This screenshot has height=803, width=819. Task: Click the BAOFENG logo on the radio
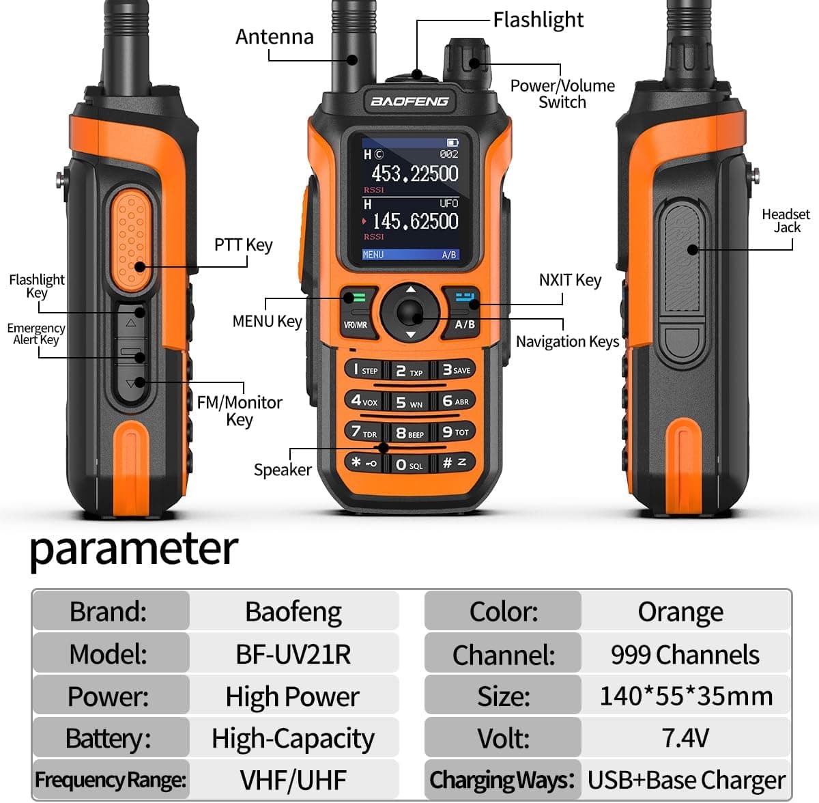coord(409,102)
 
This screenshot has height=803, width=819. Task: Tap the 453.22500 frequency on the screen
coord(414,173)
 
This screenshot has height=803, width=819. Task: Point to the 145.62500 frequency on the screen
coord(415,221)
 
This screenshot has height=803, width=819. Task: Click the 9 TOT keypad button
coord(455,432)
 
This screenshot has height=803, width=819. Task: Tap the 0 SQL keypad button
coord(409,465)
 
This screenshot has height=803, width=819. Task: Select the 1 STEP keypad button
coord(362,370)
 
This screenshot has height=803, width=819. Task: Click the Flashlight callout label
coord(538,20)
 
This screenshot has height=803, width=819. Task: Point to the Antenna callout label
coord(274,37)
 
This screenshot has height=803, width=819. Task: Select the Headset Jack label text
coord(786,221)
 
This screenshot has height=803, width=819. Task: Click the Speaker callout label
coord(283,470)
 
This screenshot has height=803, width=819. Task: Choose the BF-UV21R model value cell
coord(293,654)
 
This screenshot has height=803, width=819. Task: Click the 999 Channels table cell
coord(685,654)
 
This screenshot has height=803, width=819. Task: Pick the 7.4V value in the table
coord(685,738)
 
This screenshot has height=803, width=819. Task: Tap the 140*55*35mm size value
coord(685,696)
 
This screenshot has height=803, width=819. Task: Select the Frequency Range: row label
coord(111,780)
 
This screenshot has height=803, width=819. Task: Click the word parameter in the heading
coord(134,549)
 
